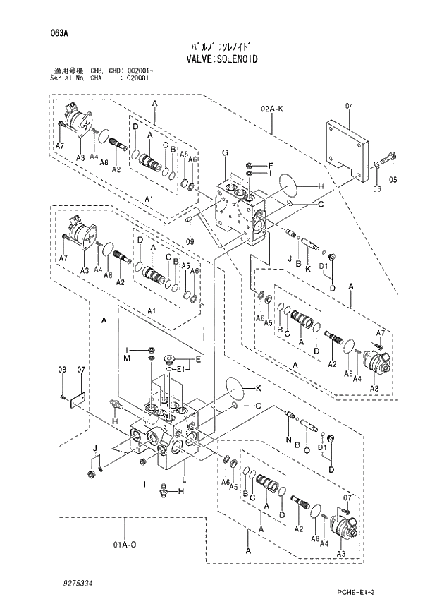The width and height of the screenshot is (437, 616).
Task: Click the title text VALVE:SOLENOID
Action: [218, 59]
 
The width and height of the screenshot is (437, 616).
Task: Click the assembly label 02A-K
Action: [271, 109]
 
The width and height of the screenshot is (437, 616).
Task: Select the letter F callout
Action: [270, 165]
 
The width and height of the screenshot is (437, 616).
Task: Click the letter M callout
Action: [128, 358]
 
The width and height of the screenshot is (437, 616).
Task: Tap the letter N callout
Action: [288, 440]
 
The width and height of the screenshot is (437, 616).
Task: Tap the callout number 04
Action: [348, 107]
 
